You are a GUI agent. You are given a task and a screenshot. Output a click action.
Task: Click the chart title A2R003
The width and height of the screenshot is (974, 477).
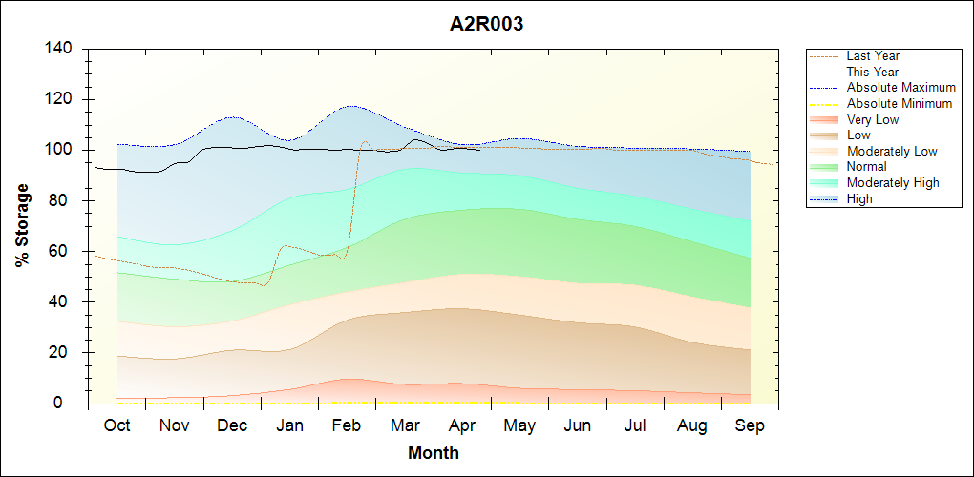pos(486,24)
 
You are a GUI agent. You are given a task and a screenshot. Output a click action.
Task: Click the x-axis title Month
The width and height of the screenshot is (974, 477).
pos(434,453)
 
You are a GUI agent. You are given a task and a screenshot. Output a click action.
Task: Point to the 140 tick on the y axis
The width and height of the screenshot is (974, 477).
pos(62,49)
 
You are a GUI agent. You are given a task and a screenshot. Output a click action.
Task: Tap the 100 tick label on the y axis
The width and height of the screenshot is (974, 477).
pos(62,150)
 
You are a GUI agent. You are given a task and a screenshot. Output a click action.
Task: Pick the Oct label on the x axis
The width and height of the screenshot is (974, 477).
pos(116,425)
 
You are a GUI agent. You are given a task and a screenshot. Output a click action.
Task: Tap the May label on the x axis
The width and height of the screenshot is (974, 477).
pos(519,425)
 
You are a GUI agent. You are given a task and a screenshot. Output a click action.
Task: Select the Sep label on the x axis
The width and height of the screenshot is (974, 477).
pos(750,425)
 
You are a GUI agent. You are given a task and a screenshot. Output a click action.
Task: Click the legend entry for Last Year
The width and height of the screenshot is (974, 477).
pos(873,56)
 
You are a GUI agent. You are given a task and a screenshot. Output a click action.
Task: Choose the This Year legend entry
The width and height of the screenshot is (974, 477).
pos(873,72)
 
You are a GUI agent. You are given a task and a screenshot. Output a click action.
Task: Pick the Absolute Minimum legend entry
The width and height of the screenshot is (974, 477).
pos(900,103)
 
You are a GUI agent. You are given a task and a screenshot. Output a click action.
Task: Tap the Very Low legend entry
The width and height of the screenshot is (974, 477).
pos(873,119)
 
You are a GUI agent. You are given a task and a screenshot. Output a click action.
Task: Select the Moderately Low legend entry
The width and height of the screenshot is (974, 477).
pos(892,151)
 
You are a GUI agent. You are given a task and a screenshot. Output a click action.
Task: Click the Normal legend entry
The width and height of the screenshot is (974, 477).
pos(867,167)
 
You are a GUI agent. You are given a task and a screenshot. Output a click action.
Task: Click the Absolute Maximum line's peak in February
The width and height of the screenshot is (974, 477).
pos(351,106)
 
